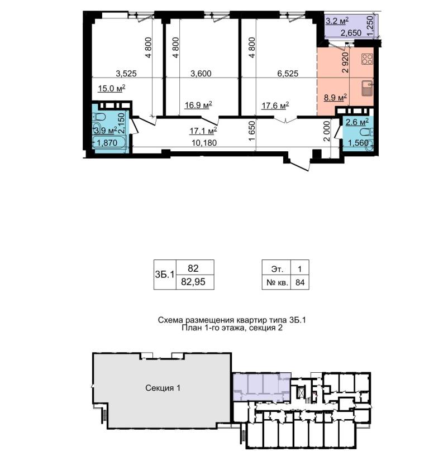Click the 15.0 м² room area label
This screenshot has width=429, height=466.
coord(111,88)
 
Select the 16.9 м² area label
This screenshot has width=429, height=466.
coord(198,105)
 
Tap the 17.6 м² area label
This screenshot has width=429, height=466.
coord(275,105)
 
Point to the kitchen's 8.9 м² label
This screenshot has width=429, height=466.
coord(336,98)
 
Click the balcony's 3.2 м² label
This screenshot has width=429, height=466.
coord(337,21)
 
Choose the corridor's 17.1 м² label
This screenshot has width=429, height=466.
coord(203,131)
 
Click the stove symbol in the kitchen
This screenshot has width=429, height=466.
coord(367,59)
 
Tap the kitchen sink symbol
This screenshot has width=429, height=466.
coord(368,89)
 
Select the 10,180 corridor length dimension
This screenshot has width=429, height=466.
coord(204,143)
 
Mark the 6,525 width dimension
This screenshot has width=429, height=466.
coord(288,74)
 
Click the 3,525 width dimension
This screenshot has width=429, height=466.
coord(126,74)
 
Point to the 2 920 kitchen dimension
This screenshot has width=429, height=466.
coord(345,63)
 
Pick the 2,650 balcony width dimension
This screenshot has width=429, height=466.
coord(351,33)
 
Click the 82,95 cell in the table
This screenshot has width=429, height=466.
coord(193,282)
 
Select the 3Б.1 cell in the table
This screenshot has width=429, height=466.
coord(165,275)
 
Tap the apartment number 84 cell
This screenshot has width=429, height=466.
coord(300,282)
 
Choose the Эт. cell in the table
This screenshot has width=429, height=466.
coord(277,269)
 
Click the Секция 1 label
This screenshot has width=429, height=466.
coord(163,388)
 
